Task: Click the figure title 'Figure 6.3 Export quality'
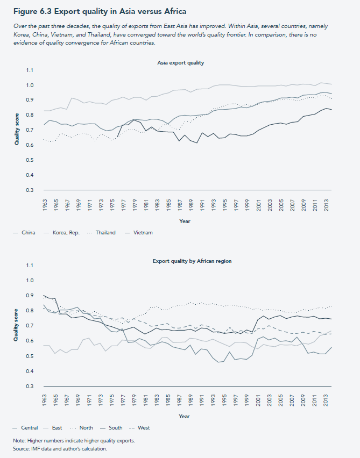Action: (97, 11)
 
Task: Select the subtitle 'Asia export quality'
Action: (180, 63)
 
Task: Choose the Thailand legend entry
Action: (105, 233)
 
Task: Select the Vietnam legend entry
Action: (143, 233)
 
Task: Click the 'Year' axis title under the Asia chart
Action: (184, 220)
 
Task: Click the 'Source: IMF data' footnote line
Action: (61, 448)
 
